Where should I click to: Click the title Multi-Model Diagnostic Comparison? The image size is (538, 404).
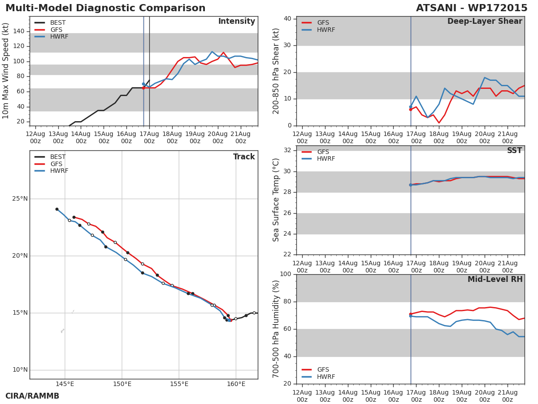point(105,8)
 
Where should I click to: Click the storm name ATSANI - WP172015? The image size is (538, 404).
point(472,8)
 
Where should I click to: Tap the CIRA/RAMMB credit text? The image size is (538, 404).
point(32,396)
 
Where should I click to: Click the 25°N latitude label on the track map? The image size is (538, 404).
point(20,198)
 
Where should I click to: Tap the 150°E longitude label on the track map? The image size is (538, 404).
point(122,384)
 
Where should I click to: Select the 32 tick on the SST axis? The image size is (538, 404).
point(287,150)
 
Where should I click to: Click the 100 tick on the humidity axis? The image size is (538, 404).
point(286,274)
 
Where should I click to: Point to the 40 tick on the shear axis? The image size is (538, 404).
point(287,19)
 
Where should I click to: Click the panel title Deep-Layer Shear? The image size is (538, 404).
point(485,22)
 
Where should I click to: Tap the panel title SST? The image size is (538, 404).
point(515,150)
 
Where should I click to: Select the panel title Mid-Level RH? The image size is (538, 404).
point(495,279)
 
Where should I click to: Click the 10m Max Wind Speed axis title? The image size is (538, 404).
point(5,71)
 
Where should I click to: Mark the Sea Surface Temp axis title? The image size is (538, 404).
point(276,200)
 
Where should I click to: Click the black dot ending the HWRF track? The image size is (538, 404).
point(57,209)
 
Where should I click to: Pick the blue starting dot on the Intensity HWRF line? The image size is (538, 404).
point(143,84)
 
